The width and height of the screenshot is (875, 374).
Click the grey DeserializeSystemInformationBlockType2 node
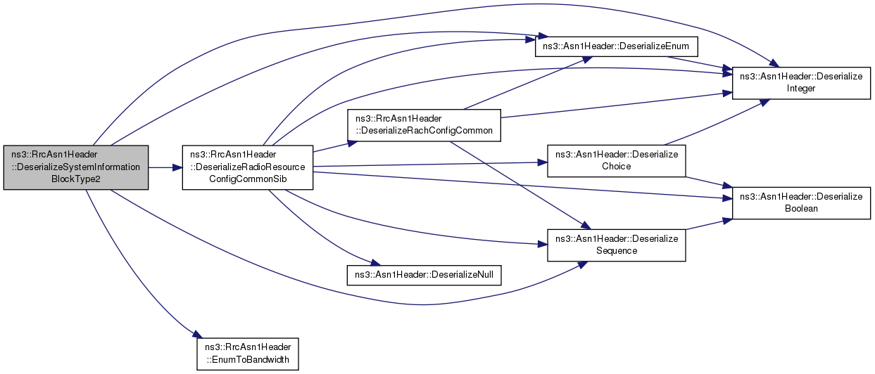pos(76,167)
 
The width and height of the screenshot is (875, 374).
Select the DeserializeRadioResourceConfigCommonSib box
pos(248,167)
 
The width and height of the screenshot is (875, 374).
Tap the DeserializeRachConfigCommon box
pos(424,125)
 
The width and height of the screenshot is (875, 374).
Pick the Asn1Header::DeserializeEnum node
pos(616,46)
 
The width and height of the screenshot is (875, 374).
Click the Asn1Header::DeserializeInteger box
pos(801,83)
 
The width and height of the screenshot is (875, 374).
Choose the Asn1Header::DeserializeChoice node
pos(617,161)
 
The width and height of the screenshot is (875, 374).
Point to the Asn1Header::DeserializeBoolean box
pos(801,202)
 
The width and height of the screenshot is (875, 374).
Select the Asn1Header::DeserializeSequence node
pos(617,245)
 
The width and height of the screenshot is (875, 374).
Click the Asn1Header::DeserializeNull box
pos(424,275)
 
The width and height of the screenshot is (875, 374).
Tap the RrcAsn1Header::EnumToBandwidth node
pos(248,354)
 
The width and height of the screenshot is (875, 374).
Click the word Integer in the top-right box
pos(801,89)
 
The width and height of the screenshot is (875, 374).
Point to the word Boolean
pos(801,209)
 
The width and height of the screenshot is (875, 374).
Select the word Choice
pos(617,167)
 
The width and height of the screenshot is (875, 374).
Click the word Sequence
pos(617,251)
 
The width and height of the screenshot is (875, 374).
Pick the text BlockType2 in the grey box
pos(76,179)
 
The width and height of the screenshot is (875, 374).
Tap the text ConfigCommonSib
pos(248,179)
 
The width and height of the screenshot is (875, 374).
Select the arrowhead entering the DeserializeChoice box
pos(542,162)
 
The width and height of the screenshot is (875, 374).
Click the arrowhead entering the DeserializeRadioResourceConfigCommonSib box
pos(177,168)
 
